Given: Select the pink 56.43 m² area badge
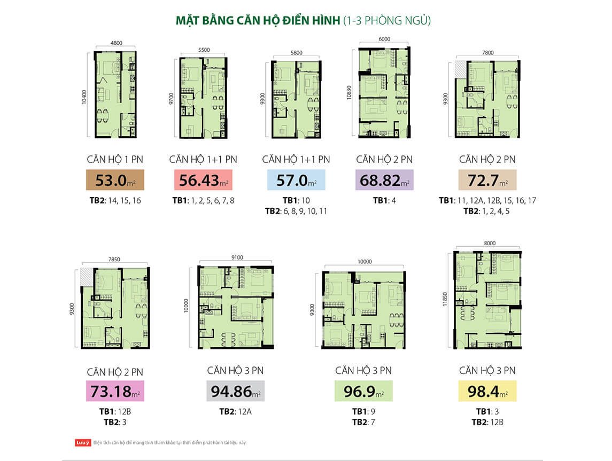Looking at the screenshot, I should coord(203,181).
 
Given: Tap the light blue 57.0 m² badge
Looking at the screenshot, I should coord(296,181).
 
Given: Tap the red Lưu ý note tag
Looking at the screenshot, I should coord(83,442).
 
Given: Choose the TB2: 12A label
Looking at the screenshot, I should coord(235,412).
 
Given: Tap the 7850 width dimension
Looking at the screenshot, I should coord(114,259).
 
